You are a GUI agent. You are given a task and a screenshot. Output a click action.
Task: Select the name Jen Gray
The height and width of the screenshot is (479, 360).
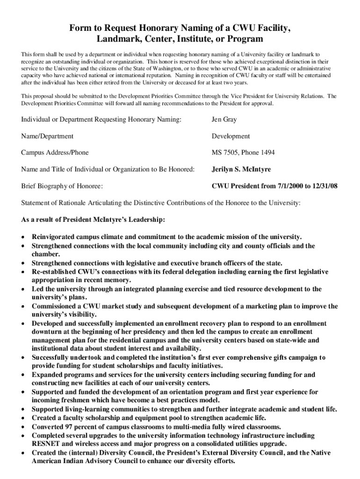(224, 120)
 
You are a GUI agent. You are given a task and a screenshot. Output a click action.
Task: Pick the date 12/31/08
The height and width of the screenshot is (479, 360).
(322, 186)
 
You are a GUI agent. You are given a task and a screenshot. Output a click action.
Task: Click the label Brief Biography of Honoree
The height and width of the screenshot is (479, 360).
(62, 186)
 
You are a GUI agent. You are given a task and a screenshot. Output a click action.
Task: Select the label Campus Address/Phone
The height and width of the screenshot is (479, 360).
(55, 153)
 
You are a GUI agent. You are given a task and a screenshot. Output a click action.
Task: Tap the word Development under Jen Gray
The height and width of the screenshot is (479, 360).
(231, 136)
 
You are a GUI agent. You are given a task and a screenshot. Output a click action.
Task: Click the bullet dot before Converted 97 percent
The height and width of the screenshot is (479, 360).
(23, 427)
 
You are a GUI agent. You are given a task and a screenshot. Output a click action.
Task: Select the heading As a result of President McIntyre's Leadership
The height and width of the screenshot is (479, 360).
(93, 220)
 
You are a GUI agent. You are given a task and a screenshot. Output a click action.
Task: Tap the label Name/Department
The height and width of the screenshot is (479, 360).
(47, 136)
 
